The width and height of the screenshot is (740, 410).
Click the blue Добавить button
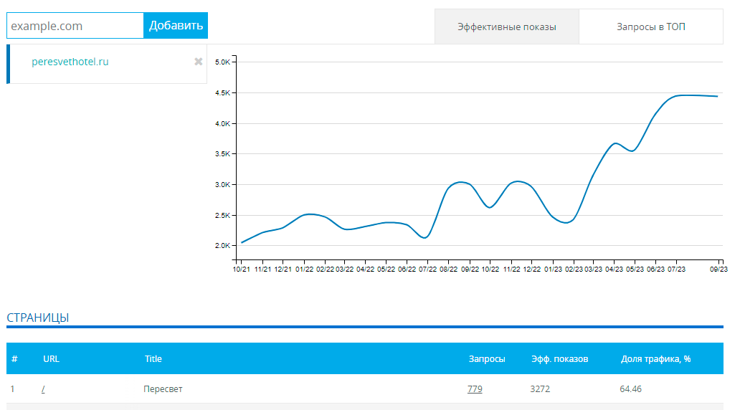pos(176,26)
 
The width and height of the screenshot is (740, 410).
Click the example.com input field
pos(75,26)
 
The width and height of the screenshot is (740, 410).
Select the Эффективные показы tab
pos(507,27)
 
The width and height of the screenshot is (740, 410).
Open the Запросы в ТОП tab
pos(651,27)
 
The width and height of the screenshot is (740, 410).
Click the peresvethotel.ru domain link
pos(70,62)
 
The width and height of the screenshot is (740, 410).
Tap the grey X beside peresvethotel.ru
pos(199,62)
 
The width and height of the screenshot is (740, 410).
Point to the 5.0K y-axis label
pos(223,62)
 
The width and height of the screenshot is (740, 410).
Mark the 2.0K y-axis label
pos(223,245)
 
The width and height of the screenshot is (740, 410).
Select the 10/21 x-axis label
pos(241,269)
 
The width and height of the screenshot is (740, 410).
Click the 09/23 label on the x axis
pos(718,269)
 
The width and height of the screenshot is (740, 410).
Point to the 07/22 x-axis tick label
pos(427,269)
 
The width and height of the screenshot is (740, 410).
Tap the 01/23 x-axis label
pos(553,269)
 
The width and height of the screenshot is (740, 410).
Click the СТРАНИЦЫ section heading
pos(38,318)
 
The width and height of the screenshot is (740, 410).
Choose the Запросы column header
pos(487,359)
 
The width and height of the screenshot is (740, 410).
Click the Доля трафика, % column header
pos(655,359)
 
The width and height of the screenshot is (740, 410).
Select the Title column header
pos(153,359)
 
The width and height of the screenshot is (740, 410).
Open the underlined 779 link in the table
pos(475,389)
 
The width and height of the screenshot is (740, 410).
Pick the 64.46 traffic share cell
pos(630,389)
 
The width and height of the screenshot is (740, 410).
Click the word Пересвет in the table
pos(163,389)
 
